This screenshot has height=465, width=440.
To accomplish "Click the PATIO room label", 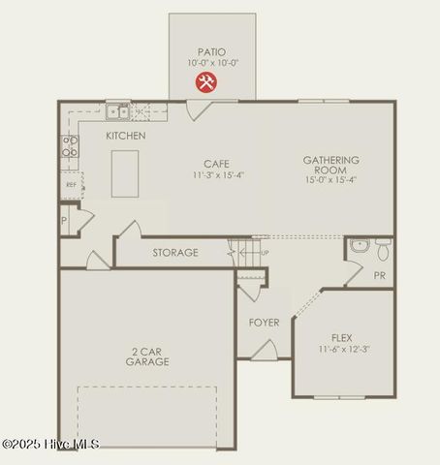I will [212, 51].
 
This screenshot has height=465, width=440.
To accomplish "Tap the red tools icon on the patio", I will [205, 82].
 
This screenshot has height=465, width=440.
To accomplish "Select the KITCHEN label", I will [126, 136].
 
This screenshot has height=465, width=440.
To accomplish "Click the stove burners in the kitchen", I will [70, 145].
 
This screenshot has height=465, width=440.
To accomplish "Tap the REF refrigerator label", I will [71, 184].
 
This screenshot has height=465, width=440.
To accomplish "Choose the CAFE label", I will [216, 164].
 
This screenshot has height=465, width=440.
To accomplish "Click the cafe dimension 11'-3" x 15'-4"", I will [216, 175].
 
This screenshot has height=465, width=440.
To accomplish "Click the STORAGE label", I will [175, 253].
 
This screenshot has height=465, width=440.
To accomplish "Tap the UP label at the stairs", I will [266, 253].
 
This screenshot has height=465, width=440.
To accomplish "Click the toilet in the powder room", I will [383, 250].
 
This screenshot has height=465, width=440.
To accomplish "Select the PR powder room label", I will [379, 275].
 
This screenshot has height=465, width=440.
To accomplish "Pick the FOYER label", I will [264, 323].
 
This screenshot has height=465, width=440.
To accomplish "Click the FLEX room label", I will [341, 338].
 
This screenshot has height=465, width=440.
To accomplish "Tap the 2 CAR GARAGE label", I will [147, 356].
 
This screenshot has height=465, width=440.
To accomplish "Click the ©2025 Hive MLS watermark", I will [50, 444].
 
